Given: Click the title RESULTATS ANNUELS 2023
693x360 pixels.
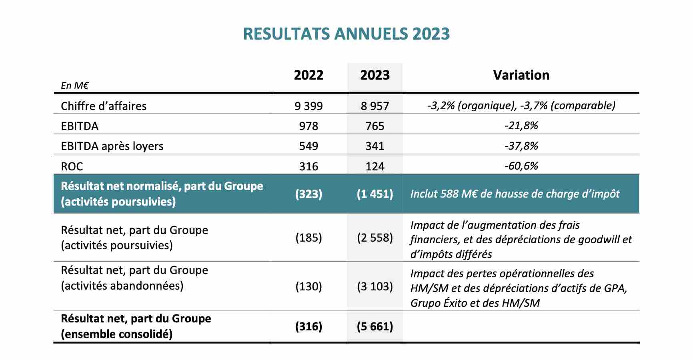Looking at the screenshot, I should (x=346, y=34).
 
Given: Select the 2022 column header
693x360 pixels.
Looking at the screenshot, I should (x=308, y=75).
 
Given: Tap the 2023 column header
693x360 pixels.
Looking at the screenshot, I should (x=375, y=75).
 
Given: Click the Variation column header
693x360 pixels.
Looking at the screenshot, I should (x=521, y=75).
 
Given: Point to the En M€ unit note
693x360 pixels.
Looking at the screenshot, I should (x=75, y=85).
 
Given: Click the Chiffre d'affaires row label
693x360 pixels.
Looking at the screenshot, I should (x=104, y=106).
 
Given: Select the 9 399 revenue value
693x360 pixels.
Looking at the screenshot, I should (x=308, y=106).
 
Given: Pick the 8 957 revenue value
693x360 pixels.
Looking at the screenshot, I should (x=375, y=106).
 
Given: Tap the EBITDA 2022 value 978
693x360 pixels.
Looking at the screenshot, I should (x=308, y=126).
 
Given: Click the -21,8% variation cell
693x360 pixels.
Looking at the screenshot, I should (x=521, y=126).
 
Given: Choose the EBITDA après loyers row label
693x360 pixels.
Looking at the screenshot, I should (x=112, y=146).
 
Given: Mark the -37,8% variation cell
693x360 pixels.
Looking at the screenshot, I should (x=521, y=146).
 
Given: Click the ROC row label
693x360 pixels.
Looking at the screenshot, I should (x=72, y=166).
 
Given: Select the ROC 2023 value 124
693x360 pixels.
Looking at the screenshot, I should (x=375, y=166).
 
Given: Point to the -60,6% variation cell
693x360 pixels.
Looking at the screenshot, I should (x=521, y=166).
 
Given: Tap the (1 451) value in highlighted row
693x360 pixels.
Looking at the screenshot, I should (x=375, y=194).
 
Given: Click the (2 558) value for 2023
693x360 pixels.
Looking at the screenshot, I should (x=375, y=238).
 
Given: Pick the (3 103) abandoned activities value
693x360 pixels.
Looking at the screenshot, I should (x=375, y=286).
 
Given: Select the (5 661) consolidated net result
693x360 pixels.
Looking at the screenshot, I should (x=375, y=327).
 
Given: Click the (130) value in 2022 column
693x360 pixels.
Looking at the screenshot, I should (x=308, y=286).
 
